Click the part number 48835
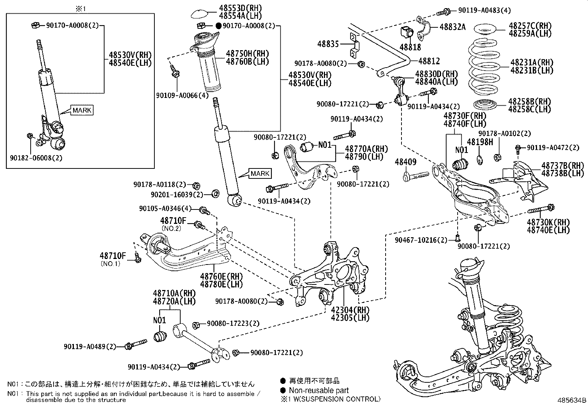[328, 44]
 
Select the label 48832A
[452, 27]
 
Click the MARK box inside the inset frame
[82, 110]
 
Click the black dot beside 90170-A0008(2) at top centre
[218, 26]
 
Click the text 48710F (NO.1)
[113, 256]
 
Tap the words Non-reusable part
[318, 390]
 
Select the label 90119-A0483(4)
[485, 11]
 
